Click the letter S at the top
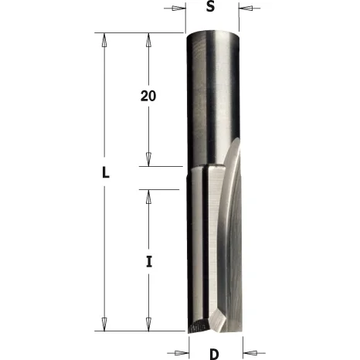click(x=210, y=6)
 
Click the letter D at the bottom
click(x=214, y=355)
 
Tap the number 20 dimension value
click(x=148, y=96)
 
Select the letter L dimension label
click(x=106, y=172)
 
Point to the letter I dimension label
click(x=148, y=262)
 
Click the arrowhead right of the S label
click(x=246, y=8)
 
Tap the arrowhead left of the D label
click(x=182, y=352)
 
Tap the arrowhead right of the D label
click(x=250, y=352)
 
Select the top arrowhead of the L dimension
click(x=104, y=40)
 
